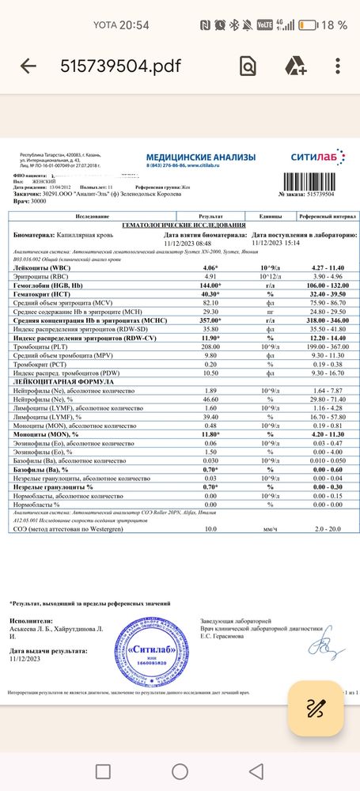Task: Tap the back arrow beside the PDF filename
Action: coord(28,67)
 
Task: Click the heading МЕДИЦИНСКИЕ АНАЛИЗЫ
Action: coord(188,158)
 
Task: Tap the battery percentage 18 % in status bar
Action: coord(335,25)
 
